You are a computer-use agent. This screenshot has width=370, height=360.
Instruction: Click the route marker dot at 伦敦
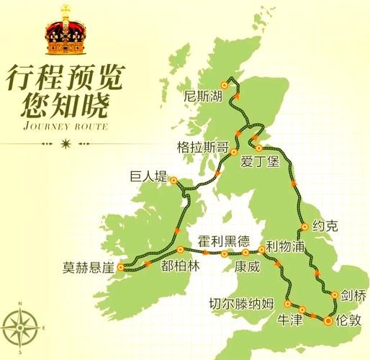(x=328, y=319)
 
